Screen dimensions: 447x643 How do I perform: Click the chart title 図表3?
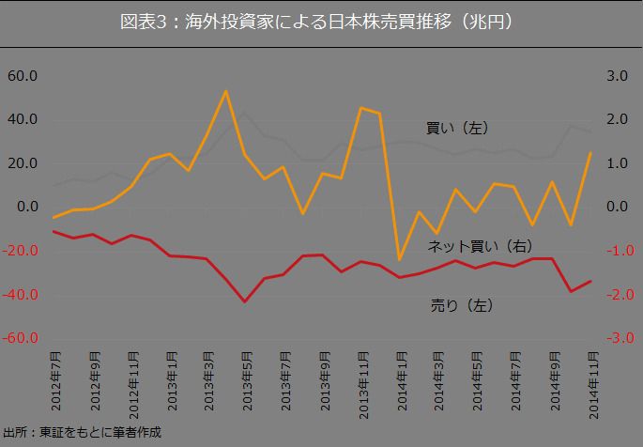click(x=320, y=21)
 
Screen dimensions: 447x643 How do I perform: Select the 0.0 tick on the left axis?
click(x=23, y=208)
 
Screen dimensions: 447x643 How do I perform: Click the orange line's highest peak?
click(x=226, y=91)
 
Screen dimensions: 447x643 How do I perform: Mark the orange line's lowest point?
click(x=399, y=259)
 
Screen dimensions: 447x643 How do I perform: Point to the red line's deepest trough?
click(x=245, y=301)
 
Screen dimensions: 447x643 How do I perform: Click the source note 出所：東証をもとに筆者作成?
click(x=83, y=433)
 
